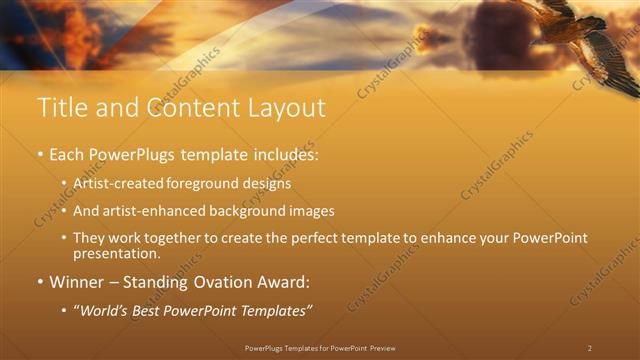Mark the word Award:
click(x=287, y=282)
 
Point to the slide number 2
click(x=590, y=348)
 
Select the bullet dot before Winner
click(x=40, y=283)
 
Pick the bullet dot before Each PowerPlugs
click(x=40, y=156)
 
